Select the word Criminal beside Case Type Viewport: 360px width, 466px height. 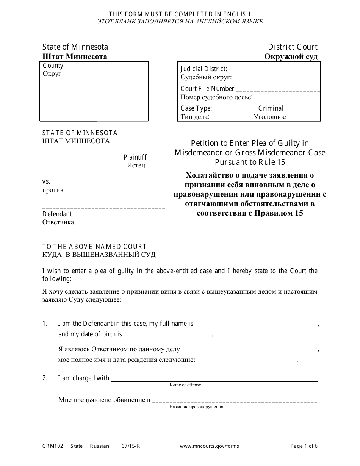tap(271, 108)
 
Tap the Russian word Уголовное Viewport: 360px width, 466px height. tap(270, 117)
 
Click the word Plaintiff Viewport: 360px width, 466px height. tap(135, 157)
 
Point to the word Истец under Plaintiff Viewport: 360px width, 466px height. tap(136, 165)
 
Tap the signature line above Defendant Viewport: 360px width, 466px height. tap(103, 208)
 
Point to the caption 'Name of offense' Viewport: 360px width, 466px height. tap(185, 385)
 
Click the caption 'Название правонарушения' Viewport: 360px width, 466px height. tap(196, 407)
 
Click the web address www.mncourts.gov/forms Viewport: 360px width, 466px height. tap(209, 446)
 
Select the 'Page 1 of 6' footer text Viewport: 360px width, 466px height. tap(304, 446)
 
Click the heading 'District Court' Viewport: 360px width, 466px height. tap(293, 47)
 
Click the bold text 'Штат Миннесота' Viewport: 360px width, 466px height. tap(75, 57)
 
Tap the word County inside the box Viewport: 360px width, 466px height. tap(53, 66)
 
